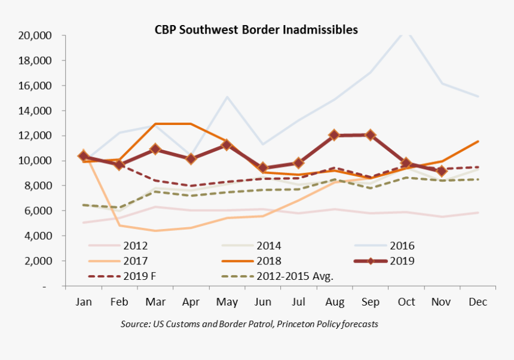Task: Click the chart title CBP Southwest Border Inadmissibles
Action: (x=256, y=29)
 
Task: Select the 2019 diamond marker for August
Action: (x=335, y=135)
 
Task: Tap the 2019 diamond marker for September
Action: (x=371, y=135)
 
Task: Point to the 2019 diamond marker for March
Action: (x=155, y=149)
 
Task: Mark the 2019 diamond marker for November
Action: (x=442, y=172)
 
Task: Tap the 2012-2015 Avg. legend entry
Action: (x=295, y=276)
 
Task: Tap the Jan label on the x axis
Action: (x=84, y=303)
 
